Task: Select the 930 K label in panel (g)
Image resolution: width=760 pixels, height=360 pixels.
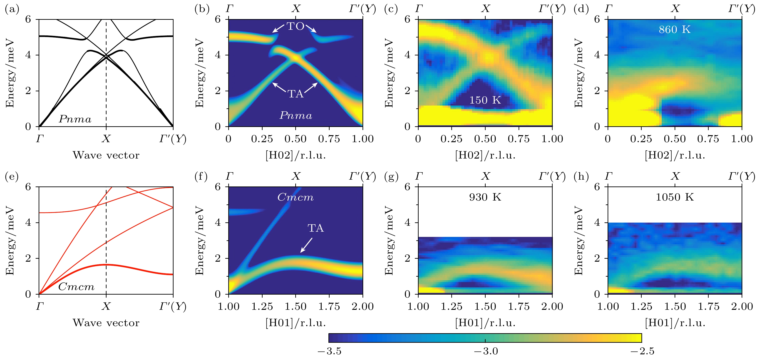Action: pyautogui.click(x=485, y=197)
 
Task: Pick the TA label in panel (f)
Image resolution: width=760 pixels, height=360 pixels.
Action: pyautogui.click(x=316, y=228)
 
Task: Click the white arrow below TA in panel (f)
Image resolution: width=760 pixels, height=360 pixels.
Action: pyautogui.click(x=306, y=245)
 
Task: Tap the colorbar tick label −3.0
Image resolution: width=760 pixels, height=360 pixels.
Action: pyautogui.click(x=486, y=351)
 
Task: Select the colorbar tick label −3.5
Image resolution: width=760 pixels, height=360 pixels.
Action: pyautogui.click(x=329, y=351)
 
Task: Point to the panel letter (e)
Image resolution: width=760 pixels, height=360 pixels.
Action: pyautogui.click(x=12, y=176)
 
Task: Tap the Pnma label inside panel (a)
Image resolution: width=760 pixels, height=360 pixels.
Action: pyautogui.click(x=75, y=119)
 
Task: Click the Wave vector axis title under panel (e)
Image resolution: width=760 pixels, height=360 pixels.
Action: pyautogui.click(x=106, y=323)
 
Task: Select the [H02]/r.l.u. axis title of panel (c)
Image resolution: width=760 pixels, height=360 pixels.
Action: pyautogui.click(x=485, y=155)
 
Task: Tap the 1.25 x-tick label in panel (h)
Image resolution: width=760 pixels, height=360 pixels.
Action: pyautogui.click(x=641, y=307)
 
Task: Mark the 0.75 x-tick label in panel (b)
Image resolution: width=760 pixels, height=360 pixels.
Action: pyautogui.click(x=329, y=139)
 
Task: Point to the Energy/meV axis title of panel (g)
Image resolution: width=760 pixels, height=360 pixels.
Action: pyautogui.click(x=389, y=241)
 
